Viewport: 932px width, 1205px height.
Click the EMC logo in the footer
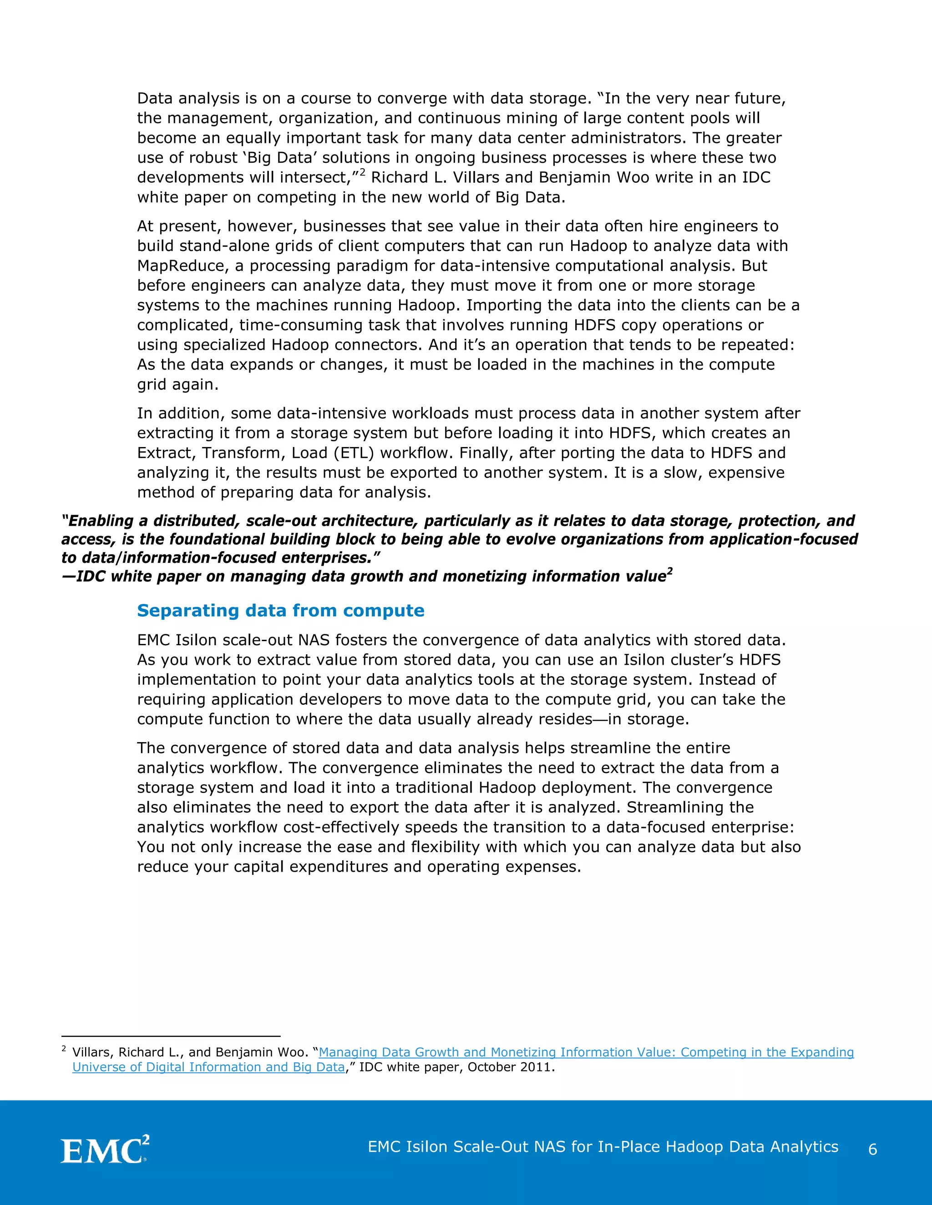point(104,1150)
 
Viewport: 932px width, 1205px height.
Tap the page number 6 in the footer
point(873,1149)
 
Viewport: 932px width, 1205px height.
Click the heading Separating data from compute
point(280,611)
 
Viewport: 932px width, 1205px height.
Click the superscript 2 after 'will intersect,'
point(362,173)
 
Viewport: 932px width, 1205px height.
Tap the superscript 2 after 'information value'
point(670,572)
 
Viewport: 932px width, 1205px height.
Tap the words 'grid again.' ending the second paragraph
point(178,385)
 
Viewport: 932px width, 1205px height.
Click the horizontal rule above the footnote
point(171,1037)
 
